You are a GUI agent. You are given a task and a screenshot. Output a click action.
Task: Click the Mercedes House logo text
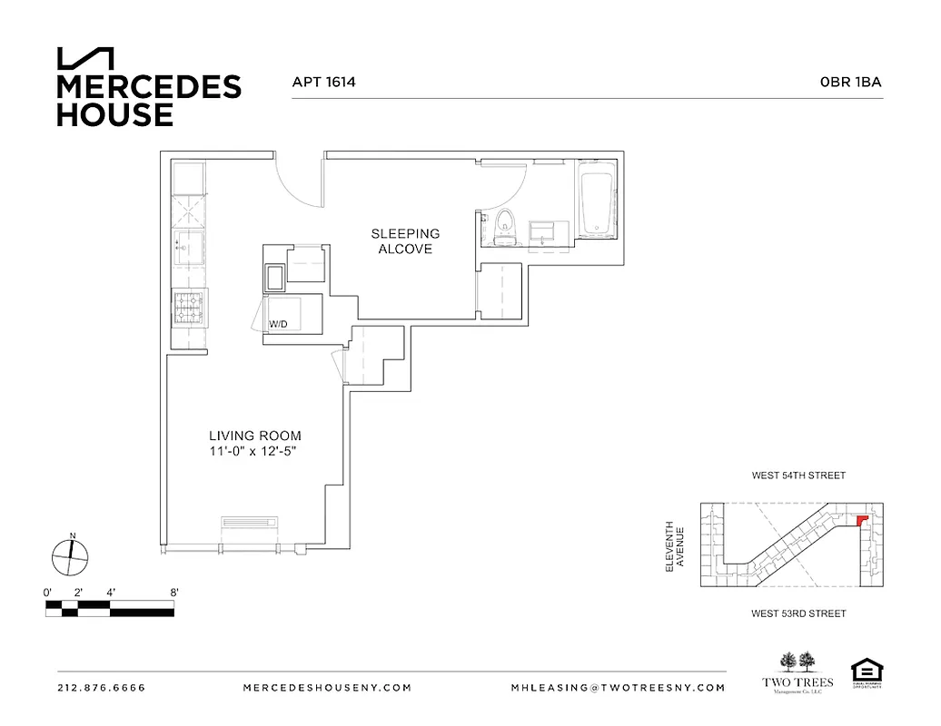tap(149, 101)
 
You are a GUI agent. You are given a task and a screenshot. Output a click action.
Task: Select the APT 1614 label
tap(323, 82)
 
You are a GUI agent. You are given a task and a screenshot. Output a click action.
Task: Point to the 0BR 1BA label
tap(850, 82)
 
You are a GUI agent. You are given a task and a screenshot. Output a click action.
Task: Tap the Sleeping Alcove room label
tap(405, 241)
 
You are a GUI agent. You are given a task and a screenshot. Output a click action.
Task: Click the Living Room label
tap(255, 436)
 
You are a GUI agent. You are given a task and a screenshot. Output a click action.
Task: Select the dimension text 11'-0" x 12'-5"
tap(255, 451)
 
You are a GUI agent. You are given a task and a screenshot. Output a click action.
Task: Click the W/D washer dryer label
tap(277, 324)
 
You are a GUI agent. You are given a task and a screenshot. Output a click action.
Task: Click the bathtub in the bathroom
tap(597, 201)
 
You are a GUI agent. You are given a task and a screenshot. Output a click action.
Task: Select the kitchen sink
tap(190, 246)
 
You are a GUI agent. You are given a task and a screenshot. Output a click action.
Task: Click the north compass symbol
tap(70, 555)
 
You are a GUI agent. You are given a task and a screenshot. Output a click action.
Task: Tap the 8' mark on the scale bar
tap(173, 592)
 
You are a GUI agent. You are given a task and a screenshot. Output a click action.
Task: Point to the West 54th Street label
tap(798, 476)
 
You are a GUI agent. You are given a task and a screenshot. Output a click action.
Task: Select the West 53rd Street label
tap(798, 613)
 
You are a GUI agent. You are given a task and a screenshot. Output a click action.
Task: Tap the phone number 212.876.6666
tap(101, 688)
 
